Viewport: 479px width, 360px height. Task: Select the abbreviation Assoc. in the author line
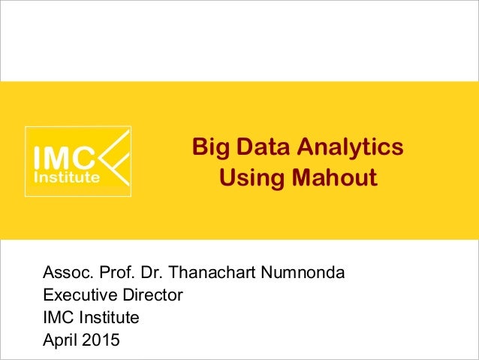pyautogui.click(x=66, y=271)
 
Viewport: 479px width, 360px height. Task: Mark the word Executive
pyautogui.click(x=78, y=294)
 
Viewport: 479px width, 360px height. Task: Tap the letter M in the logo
pyautogui.click(x=65, y=159)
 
